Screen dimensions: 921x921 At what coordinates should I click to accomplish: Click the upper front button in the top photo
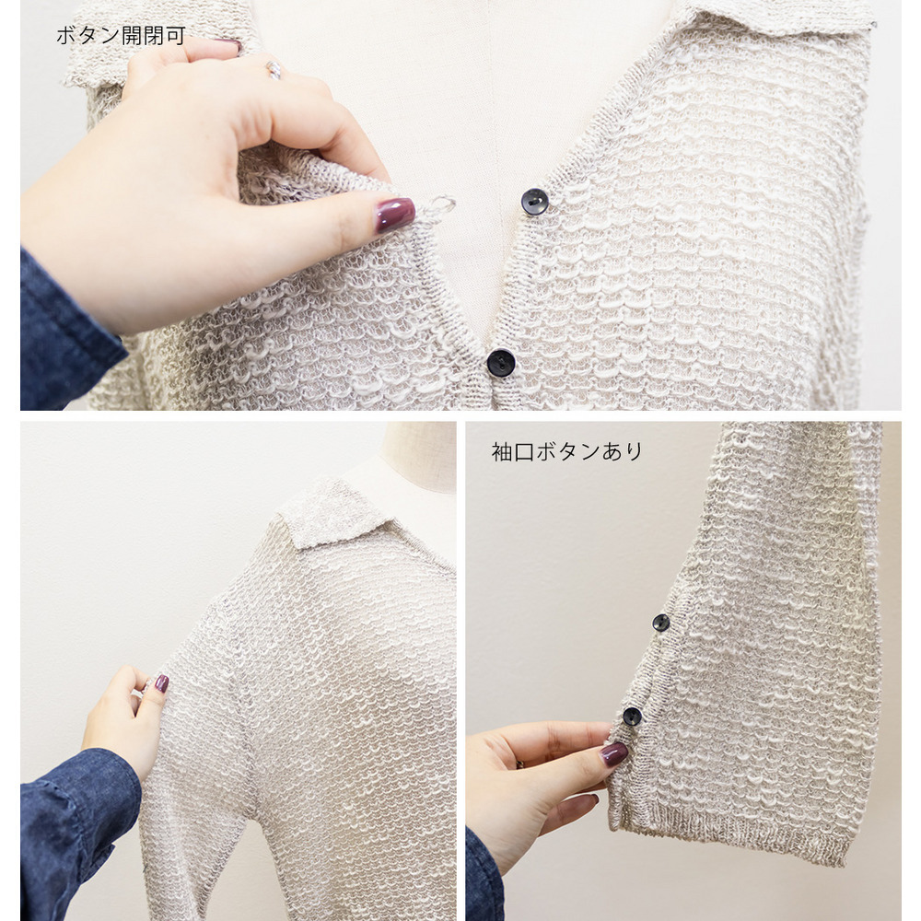(534, 202)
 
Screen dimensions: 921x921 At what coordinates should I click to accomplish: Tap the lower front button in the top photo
(500, 362)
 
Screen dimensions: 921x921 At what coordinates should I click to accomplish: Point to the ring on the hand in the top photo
(274, 70)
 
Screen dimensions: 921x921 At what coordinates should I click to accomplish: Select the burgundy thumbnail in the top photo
(395, 214)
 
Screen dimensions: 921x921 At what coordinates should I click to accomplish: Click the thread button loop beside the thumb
(438, 205)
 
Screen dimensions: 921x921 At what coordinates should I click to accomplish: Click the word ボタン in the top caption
(88, 35)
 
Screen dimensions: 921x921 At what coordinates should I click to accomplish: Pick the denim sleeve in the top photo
(67, 332)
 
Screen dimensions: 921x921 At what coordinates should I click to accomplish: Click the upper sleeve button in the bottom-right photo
(660, 623)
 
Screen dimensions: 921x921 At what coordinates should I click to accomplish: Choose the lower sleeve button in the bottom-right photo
(632, 716)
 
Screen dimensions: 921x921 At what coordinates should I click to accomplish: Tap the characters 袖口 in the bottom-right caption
(512, 451)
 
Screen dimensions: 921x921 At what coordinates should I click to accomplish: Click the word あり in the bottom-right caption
(622, 451)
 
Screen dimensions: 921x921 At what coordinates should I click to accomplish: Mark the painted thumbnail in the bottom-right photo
(613, 753)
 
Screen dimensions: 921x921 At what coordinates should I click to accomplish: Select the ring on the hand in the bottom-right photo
(519, 764)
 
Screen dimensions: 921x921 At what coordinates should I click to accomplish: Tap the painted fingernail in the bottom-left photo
(161, 683)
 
